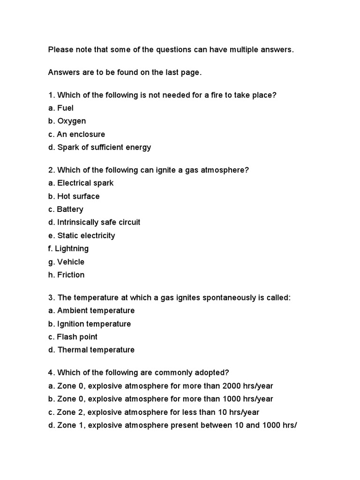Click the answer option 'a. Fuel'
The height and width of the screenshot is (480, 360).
click(60, 108)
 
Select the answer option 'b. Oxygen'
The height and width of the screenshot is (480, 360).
click(67, 121)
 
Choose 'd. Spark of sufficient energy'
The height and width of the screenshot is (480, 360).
click(99, 148)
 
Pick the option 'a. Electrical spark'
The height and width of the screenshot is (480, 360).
click(81, 183)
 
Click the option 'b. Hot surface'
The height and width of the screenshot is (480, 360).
click(74, 196)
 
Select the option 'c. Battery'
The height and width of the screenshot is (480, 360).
click(66, 210)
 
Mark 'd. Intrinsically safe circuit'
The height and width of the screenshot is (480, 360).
click(94, 223)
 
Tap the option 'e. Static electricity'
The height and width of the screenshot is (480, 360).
click(82, 236)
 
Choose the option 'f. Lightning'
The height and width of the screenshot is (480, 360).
click(68, 249)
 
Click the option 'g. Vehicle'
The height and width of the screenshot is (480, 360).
click(66, 262)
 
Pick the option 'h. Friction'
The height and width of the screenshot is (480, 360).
click(66, 275)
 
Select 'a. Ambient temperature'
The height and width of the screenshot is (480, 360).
click(91, 311)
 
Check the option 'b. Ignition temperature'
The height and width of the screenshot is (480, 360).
click(90, 324)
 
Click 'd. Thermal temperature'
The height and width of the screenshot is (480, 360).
click(91, 350)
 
